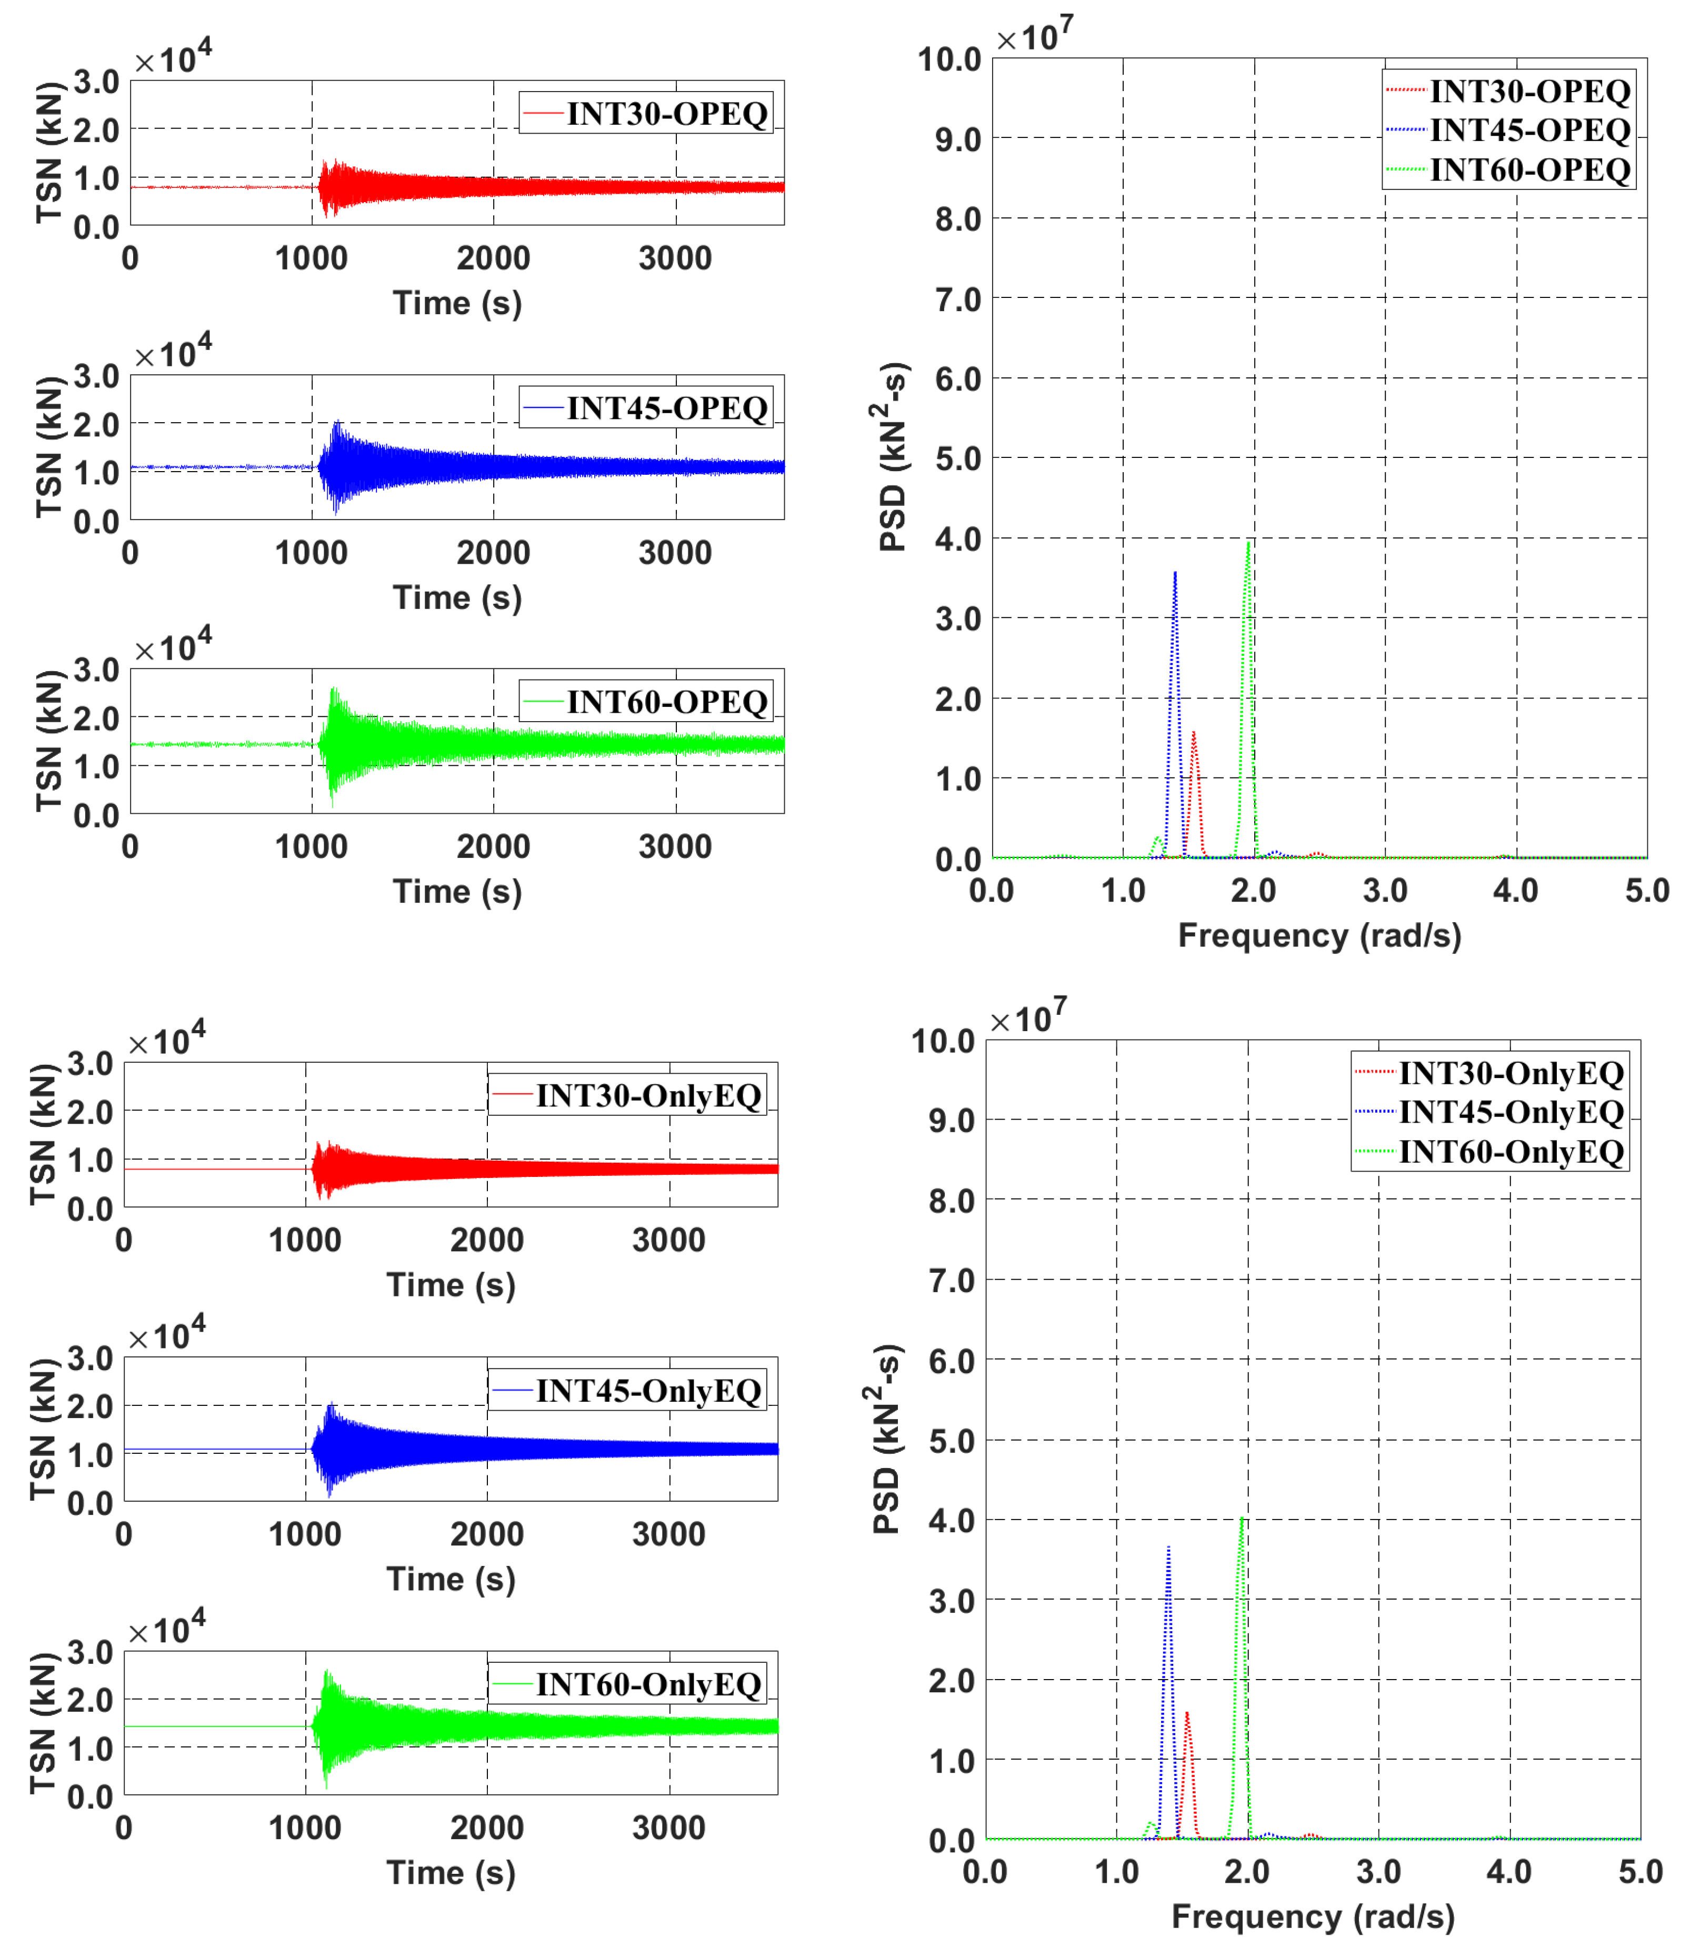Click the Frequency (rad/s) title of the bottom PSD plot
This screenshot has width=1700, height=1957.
1313,1916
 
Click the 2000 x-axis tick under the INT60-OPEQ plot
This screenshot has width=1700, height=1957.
493,846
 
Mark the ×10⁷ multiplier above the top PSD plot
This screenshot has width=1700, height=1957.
1034,36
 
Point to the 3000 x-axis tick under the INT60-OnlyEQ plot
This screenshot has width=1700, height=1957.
669,1828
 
